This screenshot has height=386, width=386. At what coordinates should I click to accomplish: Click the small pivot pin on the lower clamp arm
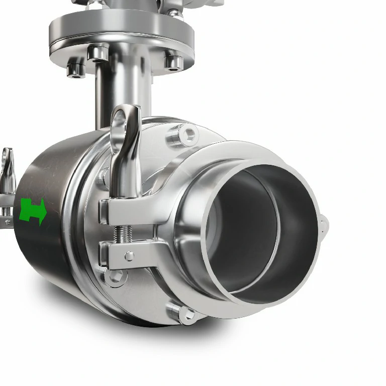(x=130, y=256)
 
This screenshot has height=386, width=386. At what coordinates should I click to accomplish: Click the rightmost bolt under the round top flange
(x=173, y=63)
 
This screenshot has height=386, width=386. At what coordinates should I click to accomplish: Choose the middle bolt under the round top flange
(x=98, y=53)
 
